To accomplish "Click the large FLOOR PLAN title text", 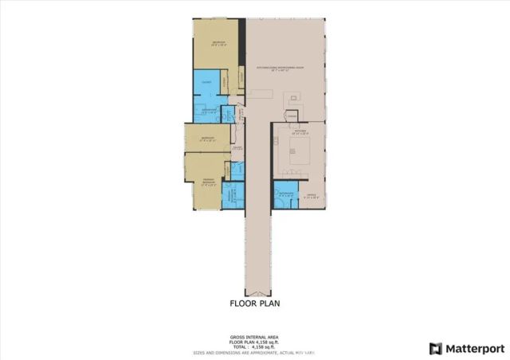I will click(x=254, y=303).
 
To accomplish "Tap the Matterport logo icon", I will click(x=434, y=348).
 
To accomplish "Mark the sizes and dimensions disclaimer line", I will click(x=255, y=352).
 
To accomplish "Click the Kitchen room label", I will click(x=299, y=133).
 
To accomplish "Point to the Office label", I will click(x=312, y=196).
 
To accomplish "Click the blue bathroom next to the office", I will click(x=286, y=196).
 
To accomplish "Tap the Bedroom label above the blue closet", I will click(x=217, y=43).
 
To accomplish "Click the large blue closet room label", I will click(x=206, y=82).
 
